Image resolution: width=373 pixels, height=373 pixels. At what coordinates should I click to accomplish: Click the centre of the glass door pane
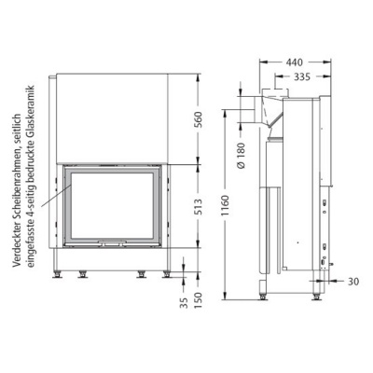point(115,206)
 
